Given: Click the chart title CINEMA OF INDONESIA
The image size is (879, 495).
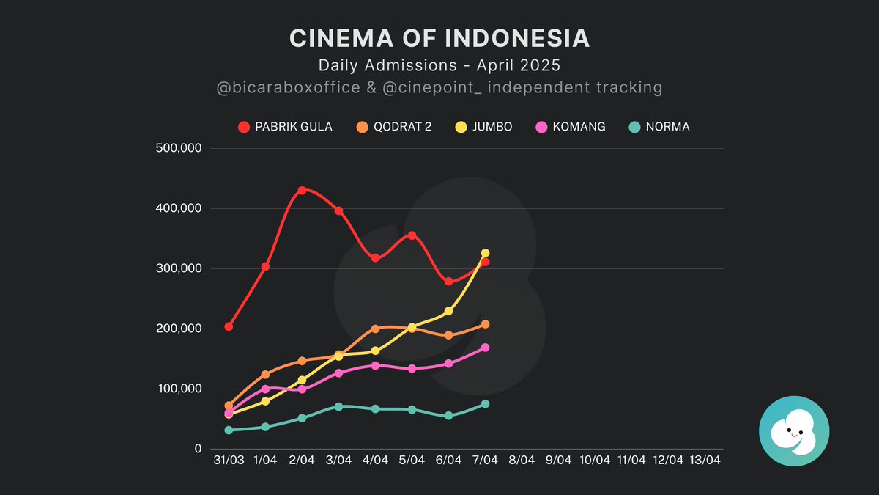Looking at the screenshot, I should coord(439,39).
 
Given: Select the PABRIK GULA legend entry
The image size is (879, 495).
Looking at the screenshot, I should coord(285,127).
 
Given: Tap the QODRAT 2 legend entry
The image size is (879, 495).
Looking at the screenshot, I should coord(393,127).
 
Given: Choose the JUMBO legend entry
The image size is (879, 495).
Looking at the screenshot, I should coord(483,127).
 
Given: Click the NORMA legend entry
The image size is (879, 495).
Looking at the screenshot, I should coord(659,127).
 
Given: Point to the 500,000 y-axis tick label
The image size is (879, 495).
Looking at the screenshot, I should coord(179,148).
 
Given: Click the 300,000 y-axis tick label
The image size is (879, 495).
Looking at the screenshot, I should coord(179,268).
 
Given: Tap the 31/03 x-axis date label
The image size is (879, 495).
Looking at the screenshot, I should coord(229,461).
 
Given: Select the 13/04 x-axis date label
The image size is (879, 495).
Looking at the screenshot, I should coord(705,461).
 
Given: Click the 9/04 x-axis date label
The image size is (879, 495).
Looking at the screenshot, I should coord(558,461).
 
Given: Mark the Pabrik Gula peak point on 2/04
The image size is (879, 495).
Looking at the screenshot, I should coord(302,190).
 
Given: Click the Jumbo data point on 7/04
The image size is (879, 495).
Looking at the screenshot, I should coord(485,253).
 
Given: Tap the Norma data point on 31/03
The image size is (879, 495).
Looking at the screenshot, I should coord(229,430).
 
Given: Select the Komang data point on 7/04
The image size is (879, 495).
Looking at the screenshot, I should coord(485,348).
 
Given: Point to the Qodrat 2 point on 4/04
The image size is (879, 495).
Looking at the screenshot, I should coord(375,329).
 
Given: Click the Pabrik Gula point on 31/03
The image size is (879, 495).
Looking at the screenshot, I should coord(229,326).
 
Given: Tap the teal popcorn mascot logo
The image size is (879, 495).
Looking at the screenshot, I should coord(794,431).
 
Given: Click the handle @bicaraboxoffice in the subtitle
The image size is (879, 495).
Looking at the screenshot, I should coord(289,88).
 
